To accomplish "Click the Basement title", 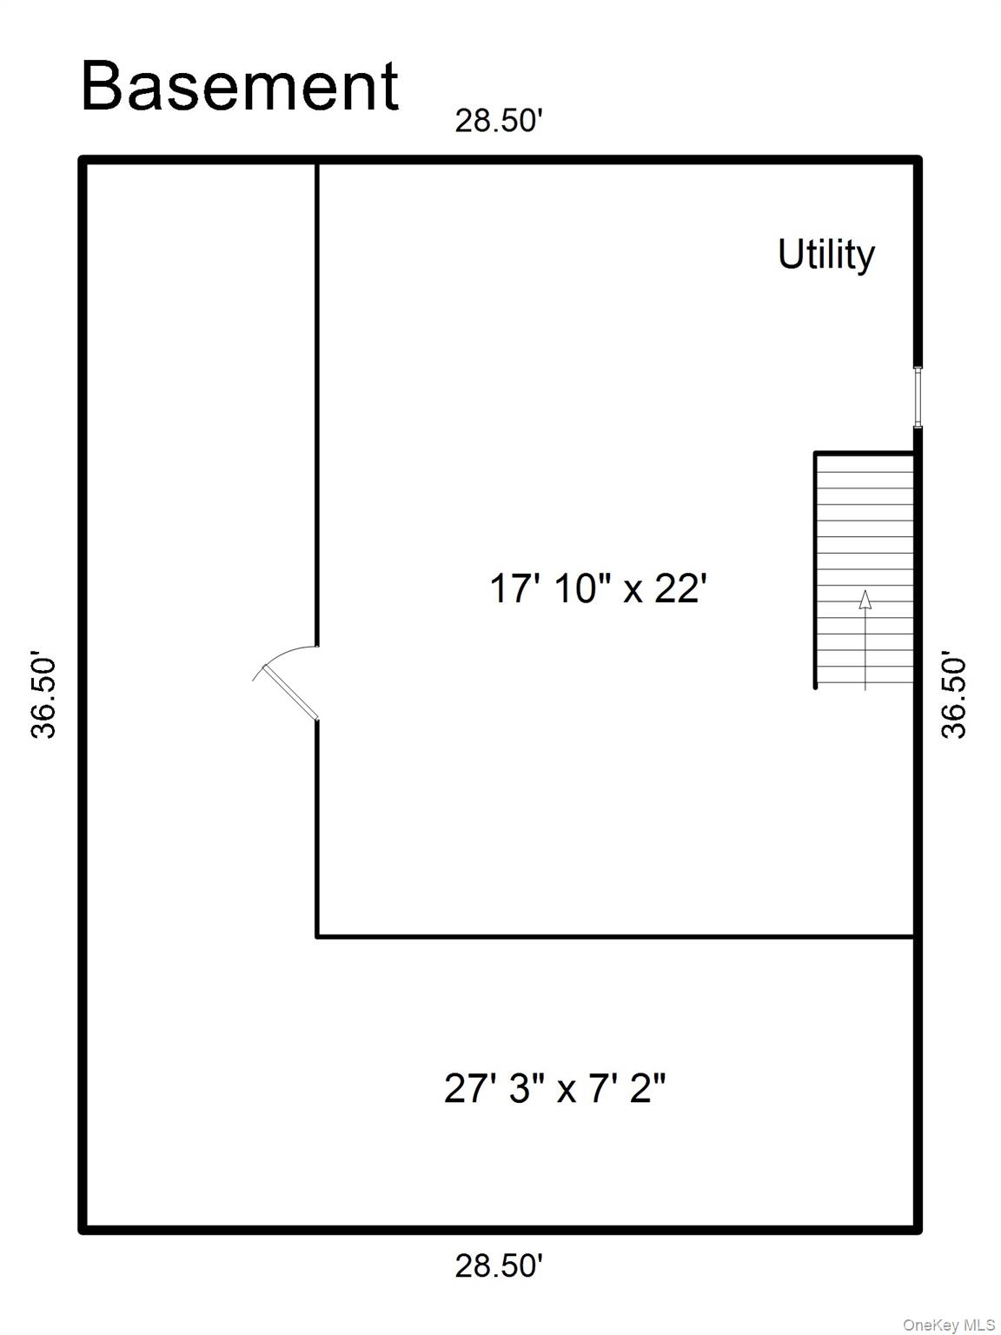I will pos(240,87).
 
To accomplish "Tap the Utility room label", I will pos(825,255).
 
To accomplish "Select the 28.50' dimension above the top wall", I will pos(499,121).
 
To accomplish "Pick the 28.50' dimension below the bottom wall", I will pos(499,1265).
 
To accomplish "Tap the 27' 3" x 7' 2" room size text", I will pos(554,1087).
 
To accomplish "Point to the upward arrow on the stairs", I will pos(865,639).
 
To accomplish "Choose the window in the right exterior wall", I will pos(917,396).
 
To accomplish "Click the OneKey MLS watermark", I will pos(949,1325).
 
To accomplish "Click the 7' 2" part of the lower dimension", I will pos(627,1087).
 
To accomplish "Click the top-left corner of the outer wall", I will pos(83,160).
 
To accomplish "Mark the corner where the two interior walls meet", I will pos(317,936).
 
